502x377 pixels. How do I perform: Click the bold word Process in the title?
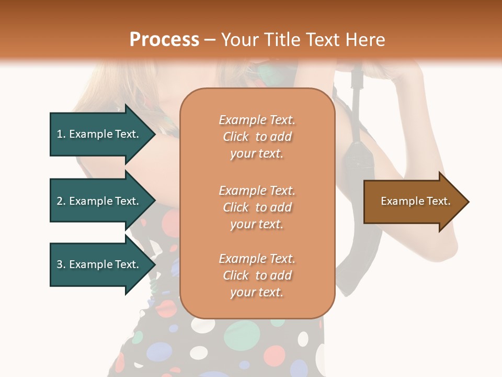164,40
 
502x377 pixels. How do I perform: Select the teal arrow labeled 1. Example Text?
99,134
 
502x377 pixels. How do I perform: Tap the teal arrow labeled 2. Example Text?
99,201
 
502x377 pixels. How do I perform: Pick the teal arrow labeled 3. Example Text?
99,264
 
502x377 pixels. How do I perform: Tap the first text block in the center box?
257,137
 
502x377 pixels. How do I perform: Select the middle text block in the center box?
257,207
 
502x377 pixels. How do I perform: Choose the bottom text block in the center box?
257,275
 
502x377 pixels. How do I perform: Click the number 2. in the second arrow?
61,201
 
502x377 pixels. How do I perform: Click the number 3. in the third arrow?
61,264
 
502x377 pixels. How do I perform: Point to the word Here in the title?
366,40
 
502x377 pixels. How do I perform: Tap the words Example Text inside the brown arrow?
415,201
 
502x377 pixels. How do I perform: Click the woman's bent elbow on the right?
444,246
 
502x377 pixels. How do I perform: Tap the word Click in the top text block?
236,137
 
